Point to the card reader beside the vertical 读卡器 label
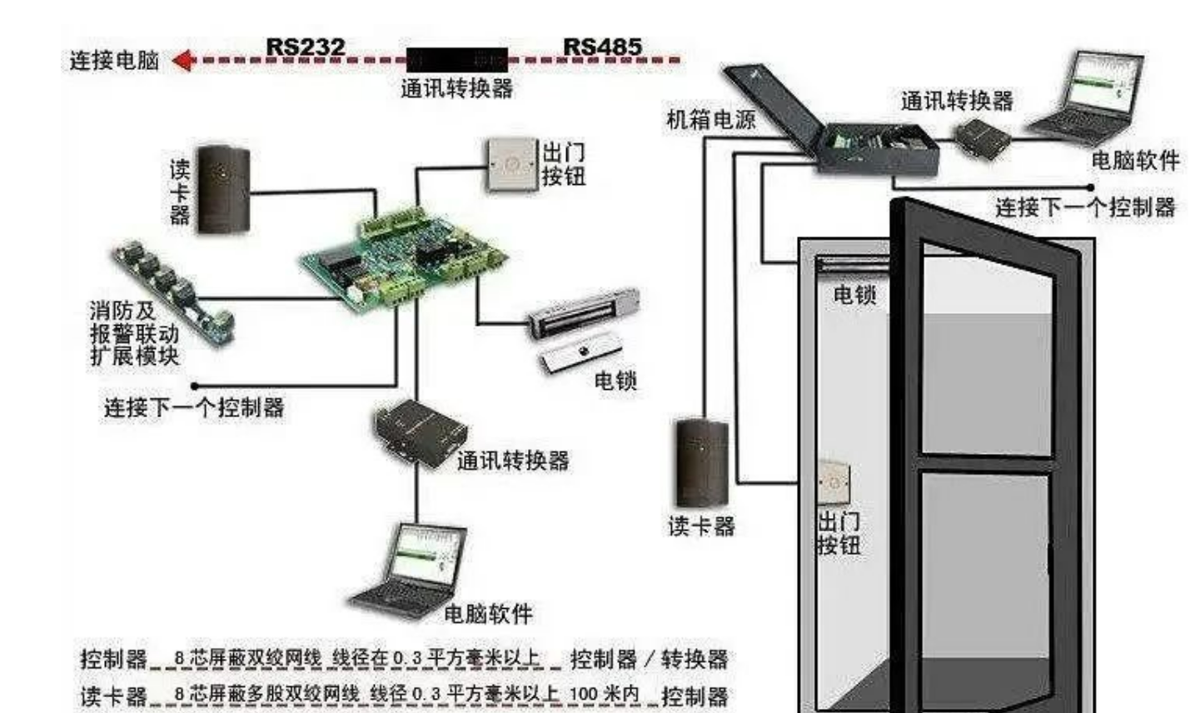pyautogui.click(x=223, y=189)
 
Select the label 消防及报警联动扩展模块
pyautogui.click(x=134, y=334)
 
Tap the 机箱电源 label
pyautogui.click(x=710, y=119)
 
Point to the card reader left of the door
pyautogui.click(x=701, y=463)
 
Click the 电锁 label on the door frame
pyautogui.click(x=854, y=294)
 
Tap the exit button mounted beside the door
pyautogui.click(x=834, y=481)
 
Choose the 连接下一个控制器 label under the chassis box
pyautogui.click(x=1084, y=206)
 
